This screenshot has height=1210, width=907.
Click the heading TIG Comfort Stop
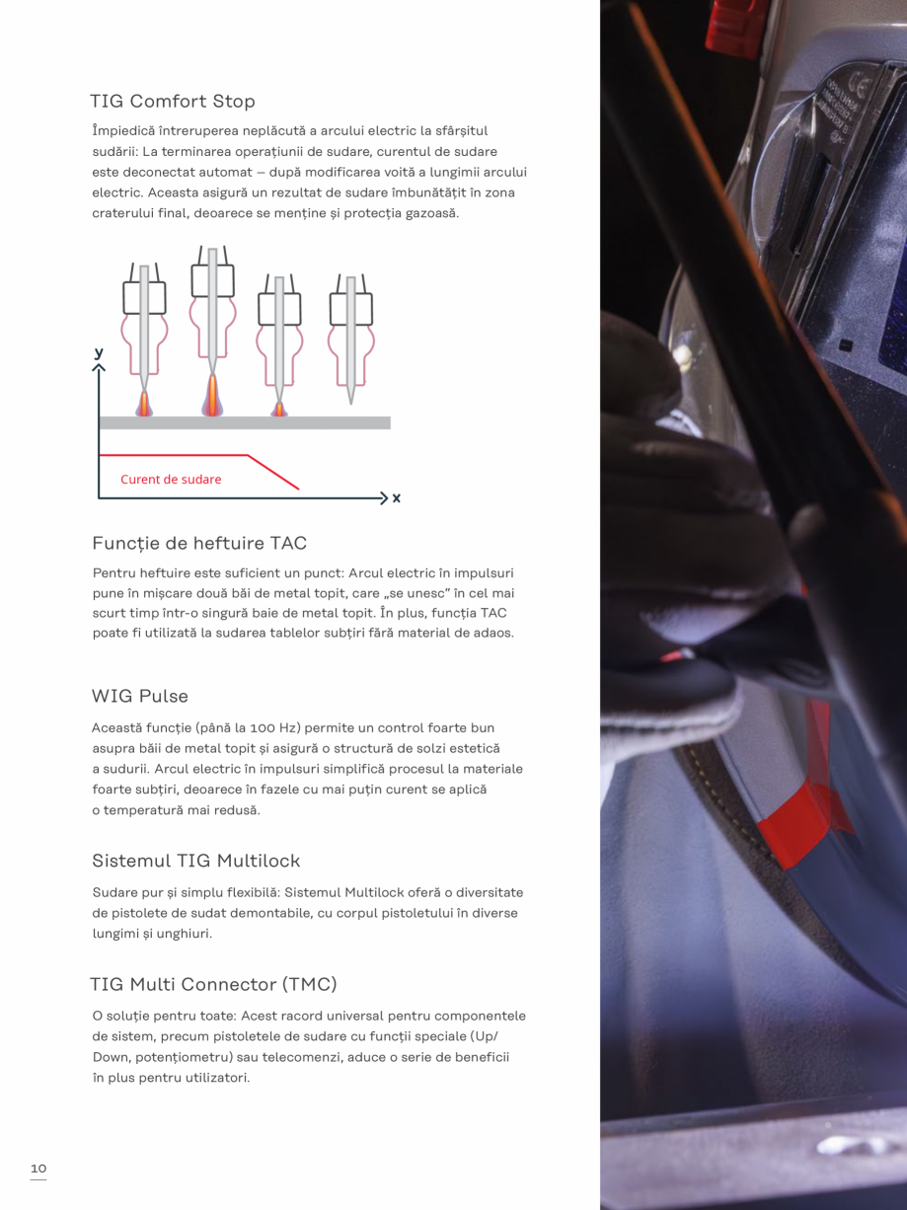click(173, 102)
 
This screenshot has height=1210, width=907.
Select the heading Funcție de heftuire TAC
click(199, 544)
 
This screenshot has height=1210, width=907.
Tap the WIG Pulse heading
click(139, 697)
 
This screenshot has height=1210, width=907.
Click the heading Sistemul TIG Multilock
click(195, 861)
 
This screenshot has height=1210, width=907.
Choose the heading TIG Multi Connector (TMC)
click(213, 985)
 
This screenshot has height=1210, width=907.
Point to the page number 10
click(38, 1170)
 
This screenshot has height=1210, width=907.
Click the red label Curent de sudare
click(171, 480)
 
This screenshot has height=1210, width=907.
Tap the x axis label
click(397, 498)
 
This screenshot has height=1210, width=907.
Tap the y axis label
click(99, 352)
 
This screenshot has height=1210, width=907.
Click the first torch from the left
click(144, 326)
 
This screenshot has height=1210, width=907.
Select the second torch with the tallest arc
click(212, 316)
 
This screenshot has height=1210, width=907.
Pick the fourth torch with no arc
click(350, 331)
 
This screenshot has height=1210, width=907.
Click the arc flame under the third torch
click(279, 407)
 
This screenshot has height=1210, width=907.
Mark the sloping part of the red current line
click(273, 472)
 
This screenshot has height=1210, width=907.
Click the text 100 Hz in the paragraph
click(274, 728)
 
